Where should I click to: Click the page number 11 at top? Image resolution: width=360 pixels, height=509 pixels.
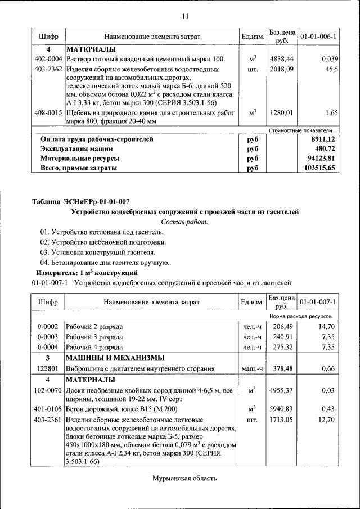click(x=184, y=15)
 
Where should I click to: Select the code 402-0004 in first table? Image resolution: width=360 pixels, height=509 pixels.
click(x=48, y=59)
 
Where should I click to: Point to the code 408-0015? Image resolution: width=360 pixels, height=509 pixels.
click(x=48, y=113)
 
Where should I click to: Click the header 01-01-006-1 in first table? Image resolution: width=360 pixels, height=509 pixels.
click(x=318, y=37)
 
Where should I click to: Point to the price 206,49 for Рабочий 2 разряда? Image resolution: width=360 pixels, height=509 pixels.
click(x=283, y=326)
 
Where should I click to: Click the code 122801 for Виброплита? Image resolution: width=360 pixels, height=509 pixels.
click(x=48, y=368)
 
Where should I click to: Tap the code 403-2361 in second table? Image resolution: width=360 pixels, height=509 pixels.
click(x=48, y=420)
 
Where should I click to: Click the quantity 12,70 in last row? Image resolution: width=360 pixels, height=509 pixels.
click(x=327, y=420)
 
